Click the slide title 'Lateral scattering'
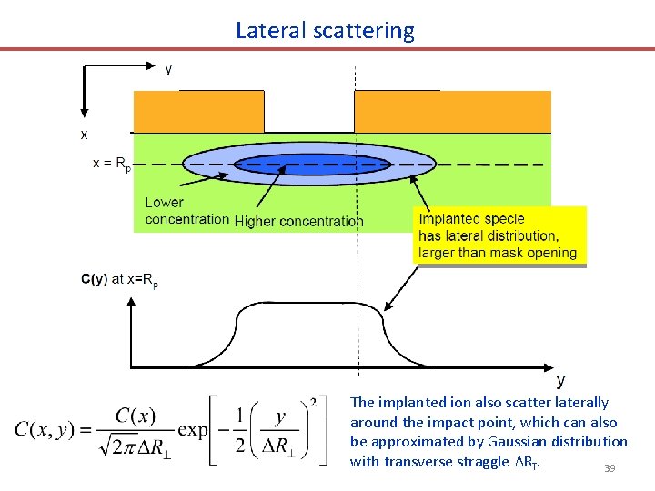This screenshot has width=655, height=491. (325, 31)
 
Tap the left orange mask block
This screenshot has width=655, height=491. (198, 112)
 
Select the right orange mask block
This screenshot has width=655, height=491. (452, 112)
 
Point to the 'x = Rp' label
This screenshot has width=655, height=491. (112, 165)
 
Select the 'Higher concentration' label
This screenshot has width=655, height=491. (298, 221)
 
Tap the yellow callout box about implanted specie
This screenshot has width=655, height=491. (499, 235)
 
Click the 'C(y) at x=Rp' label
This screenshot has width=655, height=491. (119, 280)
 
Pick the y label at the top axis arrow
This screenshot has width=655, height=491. (168, 68)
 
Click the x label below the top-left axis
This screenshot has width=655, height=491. (85, 134)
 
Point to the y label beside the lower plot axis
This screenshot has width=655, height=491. (560, 379)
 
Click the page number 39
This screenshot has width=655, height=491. (609, 469)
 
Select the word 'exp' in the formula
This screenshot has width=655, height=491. (193, 429)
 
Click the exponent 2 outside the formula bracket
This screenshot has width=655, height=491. (313, 402)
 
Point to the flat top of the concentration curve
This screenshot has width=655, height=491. (309, 304)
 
